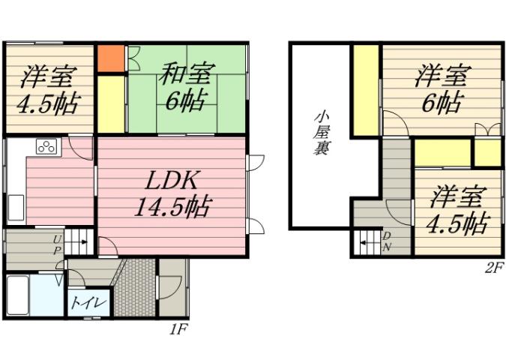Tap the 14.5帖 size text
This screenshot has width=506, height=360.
click(x=172, y=205)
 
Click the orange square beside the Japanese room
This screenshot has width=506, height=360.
click(x=110, y=58)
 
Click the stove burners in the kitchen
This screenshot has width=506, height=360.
click(x=46, y=146)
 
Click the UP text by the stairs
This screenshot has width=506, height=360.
click(x=57, y=244)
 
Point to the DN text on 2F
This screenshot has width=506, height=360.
click(x=387, y=241)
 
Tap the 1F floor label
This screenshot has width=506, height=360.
click(x=178, y=328)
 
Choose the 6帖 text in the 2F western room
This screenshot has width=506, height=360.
click(x=441, y=100)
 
